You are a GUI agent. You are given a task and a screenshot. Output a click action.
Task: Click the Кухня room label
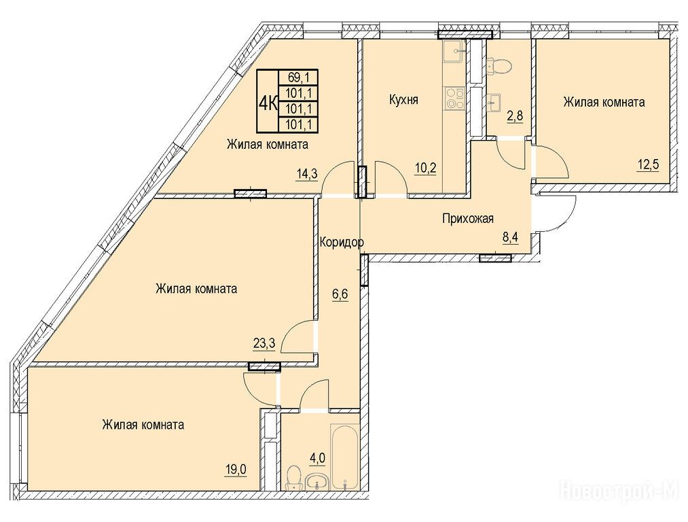(403, 100)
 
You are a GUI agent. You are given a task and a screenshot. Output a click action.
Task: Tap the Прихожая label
(468, 218)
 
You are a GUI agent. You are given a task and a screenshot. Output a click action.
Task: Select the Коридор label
(342, 242)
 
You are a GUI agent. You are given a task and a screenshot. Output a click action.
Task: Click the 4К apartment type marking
(268, 103)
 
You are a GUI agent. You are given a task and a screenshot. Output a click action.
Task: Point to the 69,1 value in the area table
(298, 77)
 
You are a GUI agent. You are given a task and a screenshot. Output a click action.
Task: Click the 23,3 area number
(264, 343)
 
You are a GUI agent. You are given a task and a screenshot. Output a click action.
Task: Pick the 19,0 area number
(237, 470)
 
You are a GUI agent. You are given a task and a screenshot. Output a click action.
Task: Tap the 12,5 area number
(648, 166)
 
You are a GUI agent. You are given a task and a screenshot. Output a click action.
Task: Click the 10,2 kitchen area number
(426, 167)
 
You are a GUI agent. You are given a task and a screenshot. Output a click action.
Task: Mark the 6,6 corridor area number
(340, 293)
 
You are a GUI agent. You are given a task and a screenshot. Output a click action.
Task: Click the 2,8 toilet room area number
(515, 117)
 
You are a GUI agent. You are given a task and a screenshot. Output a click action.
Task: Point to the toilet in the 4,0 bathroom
(293, 478)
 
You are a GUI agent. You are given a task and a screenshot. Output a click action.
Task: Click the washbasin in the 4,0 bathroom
(316, 482)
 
